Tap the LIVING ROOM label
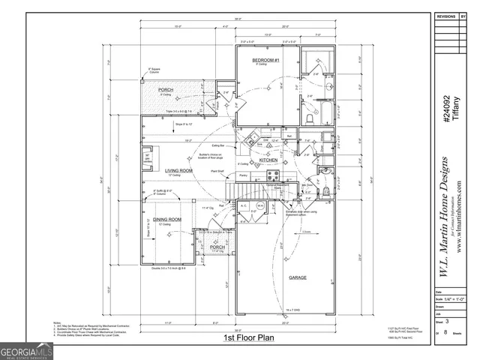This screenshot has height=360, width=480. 179,170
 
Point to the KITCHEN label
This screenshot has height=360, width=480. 269,160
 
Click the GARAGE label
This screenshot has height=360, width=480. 298,277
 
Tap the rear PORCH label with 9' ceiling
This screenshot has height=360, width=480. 166,90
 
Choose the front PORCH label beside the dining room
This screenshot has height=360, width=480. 217,246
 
